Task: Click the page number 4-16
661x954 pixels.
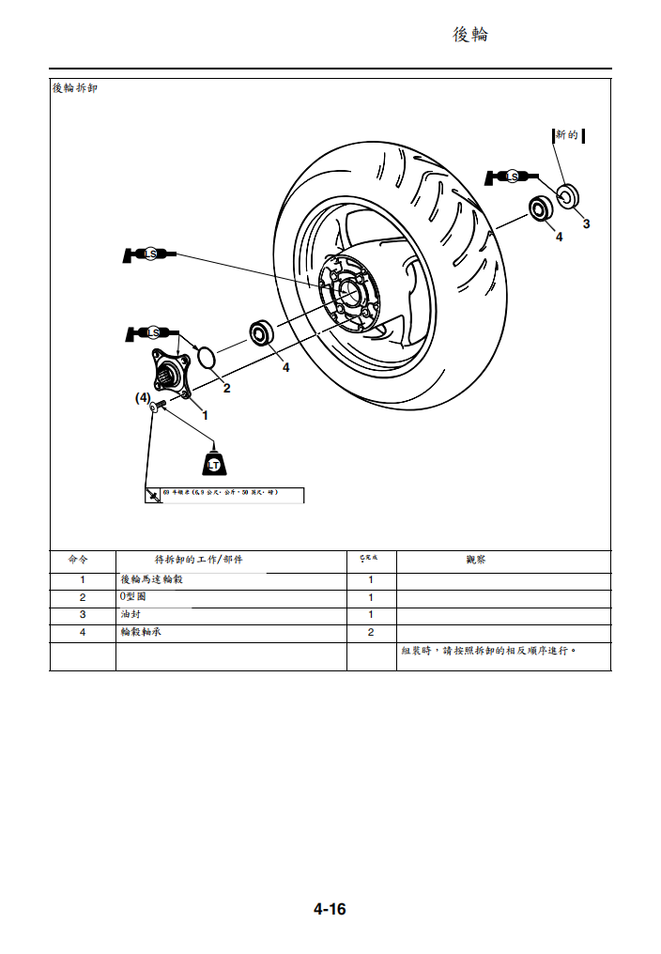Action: click(x=330, y=909)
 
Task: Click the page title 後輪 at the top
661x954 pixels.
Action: click(x=470, y=35)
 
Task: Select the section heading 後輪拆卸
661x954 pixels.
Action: click(x=74, y=88)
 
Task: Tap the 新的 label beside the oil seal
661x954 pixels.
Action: click(x=568, y=135)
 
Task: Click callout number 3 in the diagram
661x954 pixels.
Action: click(x=586, y=223)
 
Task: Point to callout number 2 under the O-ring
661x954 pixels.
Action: click(x=226, y=387)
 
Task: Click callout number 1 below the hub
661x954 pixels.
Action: click(x=205, y=413)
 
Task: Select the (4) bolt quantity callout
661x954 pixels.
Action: click(x=142, y=398)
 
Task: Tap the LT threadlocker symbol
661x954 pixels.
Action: click(x=214, y=463)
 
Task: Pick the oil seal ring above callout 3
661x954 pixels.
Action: click(x=567, y=196)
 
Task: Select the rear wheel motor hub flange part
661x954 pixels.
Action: click(x=172, y=373)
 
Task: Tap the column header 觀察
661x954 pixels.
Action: click(x=475, y=560)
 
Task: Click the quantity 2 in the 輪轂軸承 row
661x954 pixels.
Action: click(x=371, y=632)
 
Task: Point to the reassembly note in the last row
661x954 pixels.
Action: click(x=487, y=650)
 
